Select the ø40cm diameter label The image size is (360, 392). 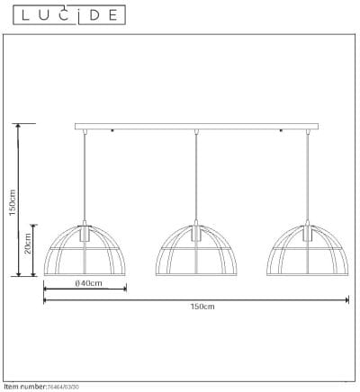point(86,285)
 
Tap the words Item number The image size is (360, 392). point(23,386)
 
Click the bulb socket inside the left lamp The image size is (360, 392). point(85,233)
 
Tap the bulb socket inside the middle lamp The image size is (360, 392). point(196,233)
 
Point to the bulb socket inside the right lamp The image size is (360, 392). point(308,233)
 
